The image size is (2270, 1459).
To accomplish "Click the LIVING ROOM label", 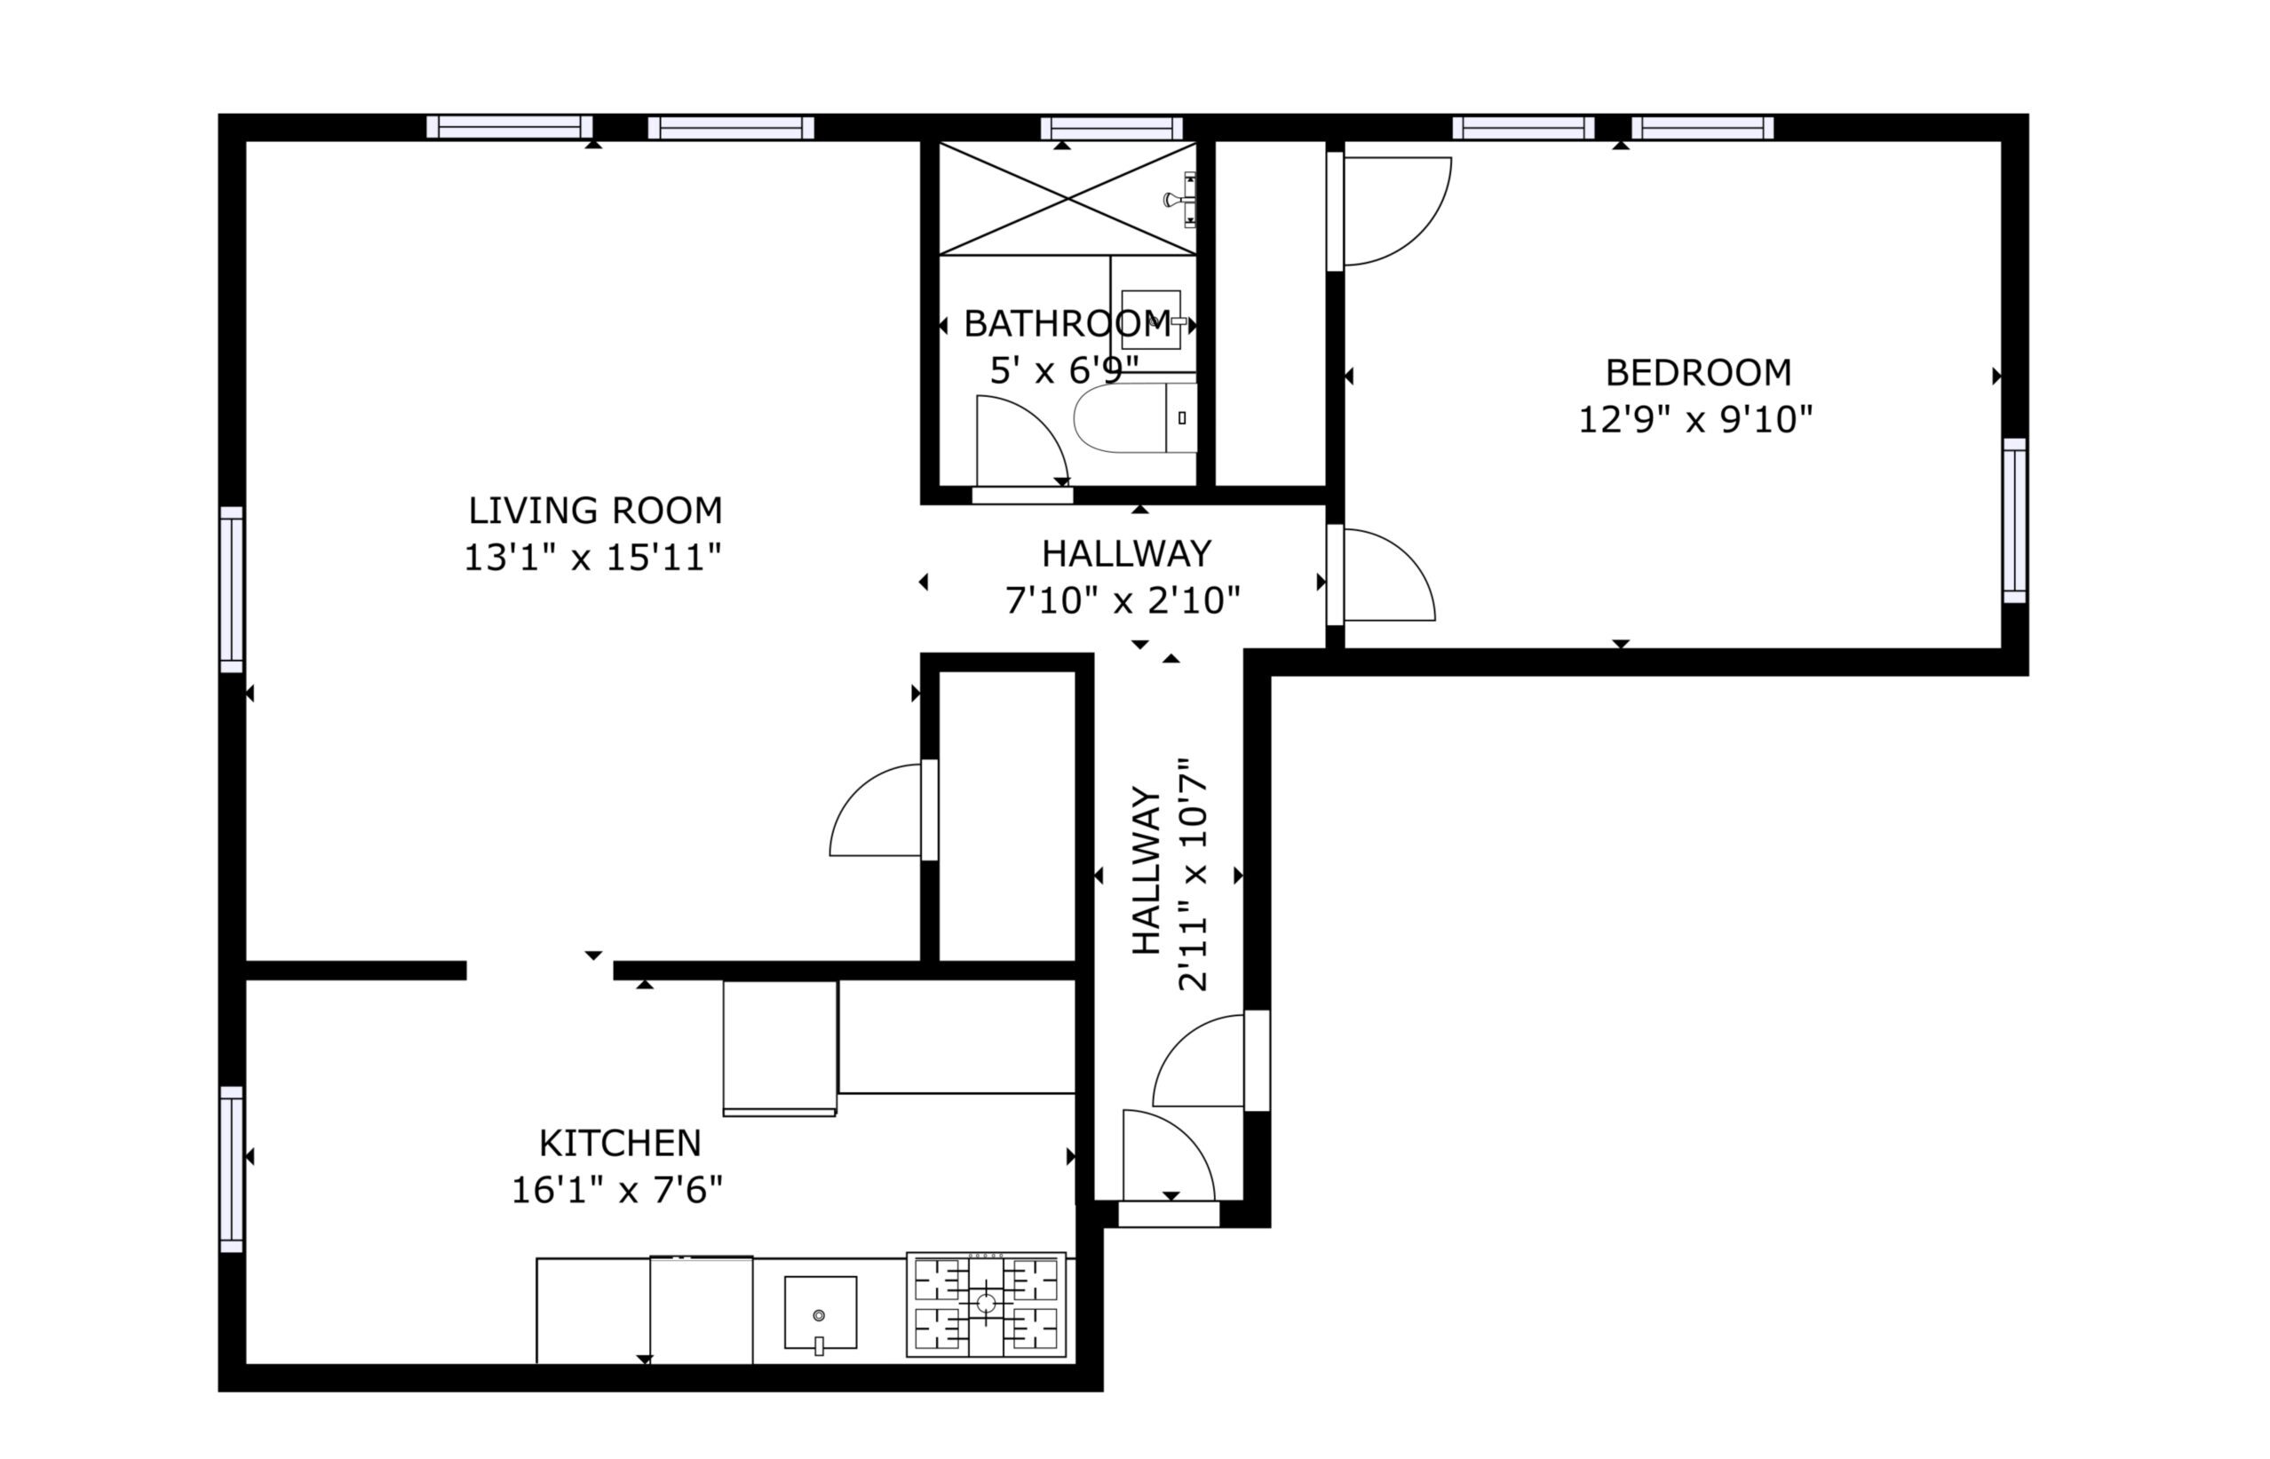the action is point(595,511).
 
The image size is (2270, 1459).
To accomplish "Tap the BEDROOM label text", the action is point(1698,373).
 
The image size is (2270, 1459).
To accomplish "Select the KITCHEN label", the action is point(620,1144).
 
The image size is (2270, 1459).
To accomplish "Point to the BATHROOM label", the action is point(1067,324).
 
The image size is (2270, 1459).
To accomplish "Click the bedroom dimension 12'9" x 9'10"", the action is point(1695,420).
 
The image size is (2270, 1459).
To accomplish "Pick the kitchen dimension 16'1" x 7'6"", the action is point(616,1190).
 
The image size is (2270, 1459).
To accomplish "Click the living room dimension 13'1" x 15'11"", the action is point(593,557).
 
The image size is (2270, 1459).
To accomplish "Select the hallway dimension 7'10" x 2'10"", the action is point(1123,599).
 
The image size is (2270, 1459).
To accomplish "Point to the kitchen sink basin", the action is point(821,1312).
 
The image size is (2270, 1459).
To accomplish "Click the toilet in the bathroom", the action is point(1135,417).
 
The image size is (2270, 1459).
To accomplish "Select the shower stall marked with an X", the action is point(1068,198).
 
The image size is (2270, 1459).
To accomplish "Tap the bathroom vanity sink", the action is point(1151,321).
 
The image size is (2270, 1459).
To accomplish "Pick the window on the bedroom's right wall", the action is point(2014,520).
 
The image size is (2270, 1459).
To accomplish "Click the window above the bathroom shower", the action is point(1111,128).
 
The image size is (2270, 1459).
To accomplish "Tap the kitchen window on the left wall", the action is point(232,1170).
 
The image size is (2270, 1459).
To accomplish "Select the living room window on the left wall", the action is point(232,590).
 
